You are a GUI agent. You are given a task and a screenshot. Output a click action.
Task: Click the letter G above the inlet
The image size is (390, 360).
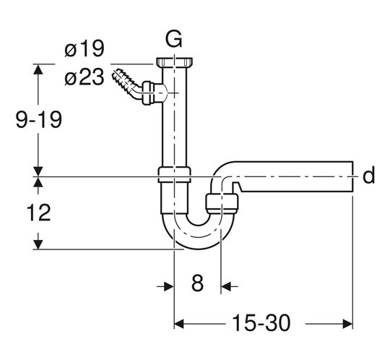pyautogui.click(x=174, y=39)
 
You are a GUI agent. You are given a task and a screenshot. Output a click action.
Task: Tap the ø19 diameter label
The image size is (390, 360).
pyautogui.click(x=84, y=49)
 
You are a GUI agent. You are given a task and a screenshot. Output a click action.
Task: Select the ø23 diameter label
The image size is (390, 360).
pyautogui.click(x=84, y=77)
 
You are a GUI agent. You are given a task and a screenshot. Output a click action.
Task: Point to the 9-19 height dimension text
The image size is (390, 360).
pyautogui.click(x=38, y=120)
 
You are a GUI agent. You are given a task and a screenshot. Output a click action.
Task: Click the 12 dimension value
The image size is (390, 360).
pyautogui.click(x=38, y=213)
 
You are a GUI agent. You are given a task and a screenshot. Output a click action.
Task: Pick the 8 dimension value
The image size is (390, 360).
pyautogui.click(x=197, y=283)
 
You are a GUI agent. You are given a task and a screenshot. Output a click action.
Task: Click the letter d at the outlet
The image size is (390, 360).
pyautogui.click(x=368, y=175)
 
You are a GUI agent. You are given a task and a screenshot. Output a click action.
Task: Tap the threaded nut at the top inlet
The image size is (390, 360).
pyautogui.click(x=174, y=62)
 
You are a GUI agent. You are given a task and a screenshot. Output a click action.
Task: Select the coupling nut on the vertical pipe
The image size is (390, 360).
pyautogui.click(x=174, y=174)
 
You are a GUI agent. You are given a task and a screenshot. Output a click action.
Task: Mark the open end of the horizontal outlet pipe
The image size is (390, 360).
pyautogui.click(x=352, y=177)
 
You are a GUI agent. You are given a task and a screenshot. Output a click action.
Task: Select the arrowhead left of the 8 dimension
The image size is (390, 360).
pyautogui.click(x=168, y=286)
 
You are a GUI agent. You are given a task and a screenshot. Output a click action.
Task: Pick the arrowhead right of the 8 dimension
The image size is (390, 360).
pyautogui.click(x=226, y=286)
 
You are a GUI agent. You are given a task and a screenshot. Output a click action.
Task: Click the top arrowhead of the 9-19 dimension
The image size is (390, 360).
pyautogui.click(x=38, y=69)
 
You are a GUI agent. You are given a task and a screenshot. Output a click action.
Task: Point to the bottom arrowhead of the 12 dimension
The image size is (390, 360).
pyautogui.click(x=38, y=244)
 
